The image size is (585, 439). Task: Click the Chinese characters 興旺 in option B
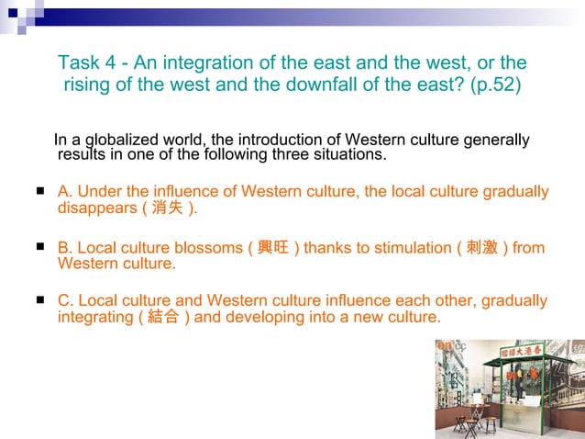[274, 248]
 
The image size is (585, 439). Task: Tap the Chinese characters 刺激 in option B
[483, 248]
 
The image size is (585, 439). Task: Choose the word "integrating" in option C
[94, 318]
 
